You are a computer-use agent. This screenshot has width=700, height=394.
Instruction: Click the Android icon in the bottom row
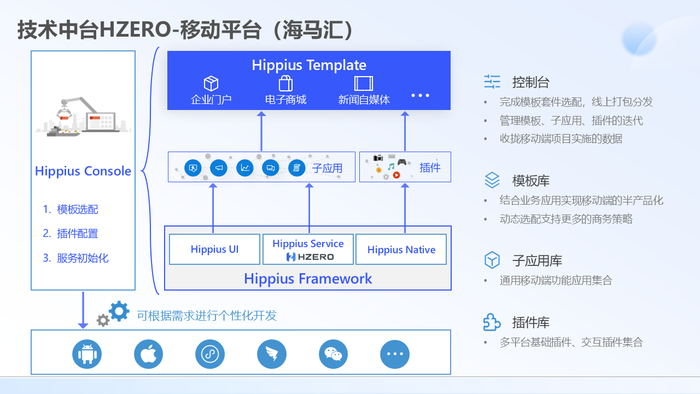coord(87,354)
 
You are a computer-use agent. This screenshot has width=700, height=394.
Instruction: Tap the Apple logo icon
coord(149,354)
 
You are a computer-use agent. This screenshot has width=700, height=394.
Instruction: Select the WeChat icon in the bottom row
coord(333,354)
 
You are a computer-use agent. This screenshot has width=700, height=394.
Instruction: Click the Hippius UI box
coord(215,250)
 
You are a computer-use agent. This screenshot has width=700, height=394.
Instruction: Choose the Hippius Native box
coord(401,250)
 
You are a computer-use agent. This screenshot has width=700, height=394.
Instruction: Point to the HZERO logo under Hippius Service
coord(310,257)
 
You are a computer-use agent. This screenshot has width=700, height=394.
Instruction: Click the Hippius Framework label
coord(308,279)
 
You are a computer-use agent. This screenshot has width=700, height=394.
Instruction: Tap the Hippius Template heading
coord(309,65)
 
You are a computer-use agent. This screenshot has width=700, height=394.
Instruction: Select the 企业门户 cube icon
coord(211,84)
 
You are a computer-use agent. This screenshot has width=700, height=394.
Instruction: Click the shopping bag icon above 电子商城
coord(285,84)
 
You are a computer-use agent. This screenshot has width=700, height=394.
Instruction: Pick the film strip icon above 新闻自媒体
coord(364,83)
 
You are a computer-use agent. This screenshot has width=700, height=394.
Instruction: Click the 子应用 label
coord(327,168)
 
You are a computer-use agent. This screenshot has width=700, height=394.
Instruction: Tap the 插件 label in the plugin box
coord(430,167)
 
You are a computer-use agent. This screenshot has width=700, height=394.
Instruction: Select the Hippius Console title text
coord(83,171)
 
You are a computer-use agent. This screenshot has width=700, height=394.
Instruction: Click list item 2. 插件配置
coord(71,234)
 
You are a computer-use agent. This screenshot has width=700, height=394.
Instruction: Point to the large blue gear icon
coord(119,311)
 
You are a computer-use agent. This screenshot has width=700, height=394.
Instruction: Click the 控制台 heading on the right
coord(530,83)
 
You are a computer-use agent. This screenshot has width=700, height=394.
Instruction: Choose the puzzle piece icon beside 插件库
coord(492,322)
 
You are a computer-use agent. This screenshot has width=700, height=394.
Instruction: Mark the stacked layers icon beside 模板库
coord(492,180)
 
